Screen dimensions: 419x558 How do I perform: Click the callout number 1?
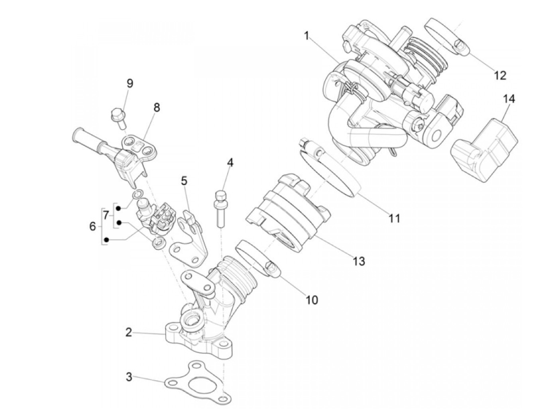[306, 36]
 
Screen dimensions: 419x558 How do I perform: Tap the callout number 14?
[509, 99]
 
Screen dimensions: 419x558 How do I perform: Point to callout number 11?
[394, 218]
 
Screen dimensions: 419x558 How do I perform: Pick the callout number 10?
[312, 300]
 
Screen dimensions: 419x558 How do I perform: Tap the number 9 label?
[130, 83]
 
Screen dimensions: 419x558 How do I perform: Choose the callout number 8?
[157, 108]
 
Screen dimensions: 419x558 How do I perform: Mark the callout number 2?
[128, 332]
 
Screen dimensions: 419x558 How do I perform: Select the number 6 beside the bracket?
[92, 227]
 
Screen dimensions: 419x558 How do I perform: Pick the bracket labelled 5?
[191, 239]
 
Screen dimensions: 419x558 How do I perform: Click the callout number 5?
[184, 181]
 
